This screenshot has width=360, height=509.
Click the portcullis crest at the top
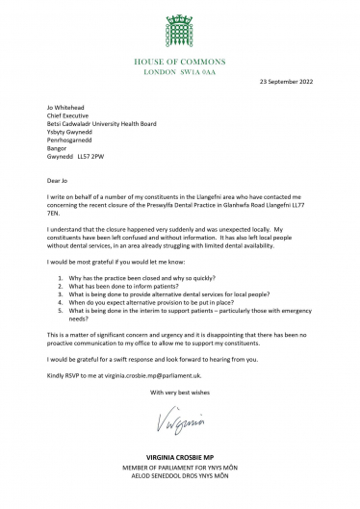(179, 22)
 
